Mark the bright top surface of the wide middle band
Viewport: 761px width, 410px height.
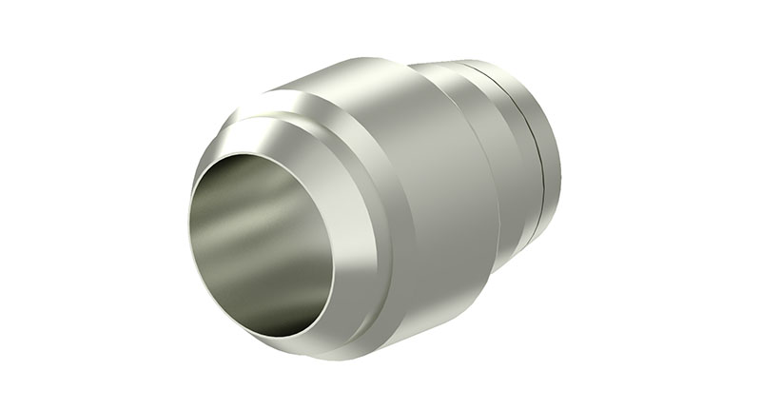pyautogui.click(x=380, y=76)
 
